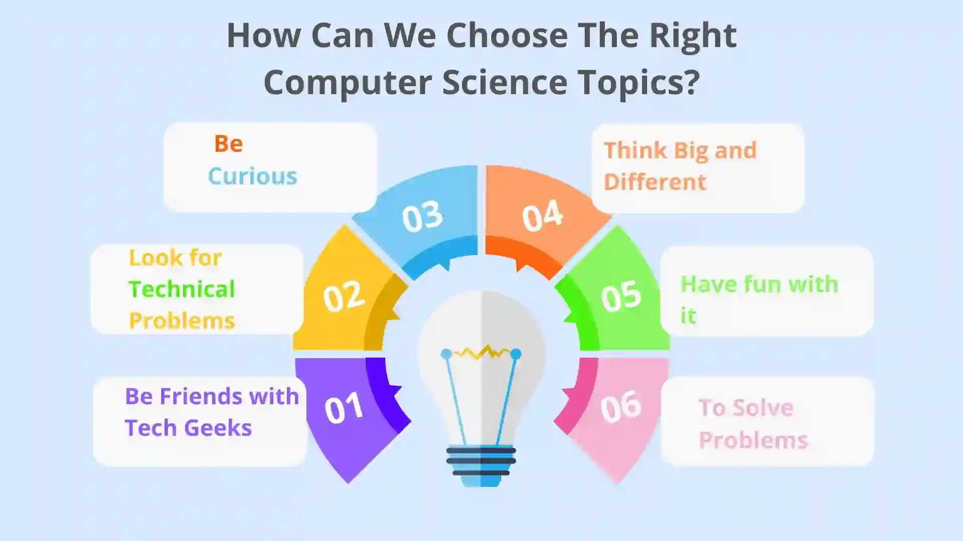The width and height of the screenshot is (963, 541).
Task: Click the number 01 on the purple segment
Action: click(x=344, y=408)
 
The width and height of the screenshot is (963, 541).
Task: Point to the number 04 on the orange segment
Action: click(x=542, y=216)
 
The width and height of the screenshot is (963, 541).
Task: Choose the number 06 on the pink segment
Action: click(x=621, y=406)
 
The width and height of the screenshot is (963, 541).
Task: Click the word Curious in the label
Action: click(x=252, y=176)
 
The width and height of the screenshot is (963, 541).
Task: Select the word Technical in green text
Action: click(x=182, y=289)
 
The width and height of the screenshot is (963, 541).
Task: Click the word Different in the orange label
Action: click(x=655, y=182)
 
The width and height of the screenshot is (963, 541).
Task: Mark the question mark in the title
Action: click(x=692, y=82)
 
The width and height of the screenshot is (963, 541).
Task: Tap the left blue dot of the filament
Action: click(x=445, y=354)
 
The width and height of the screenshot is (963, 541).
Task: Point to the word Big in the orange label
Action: click(x=691, y=150)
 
